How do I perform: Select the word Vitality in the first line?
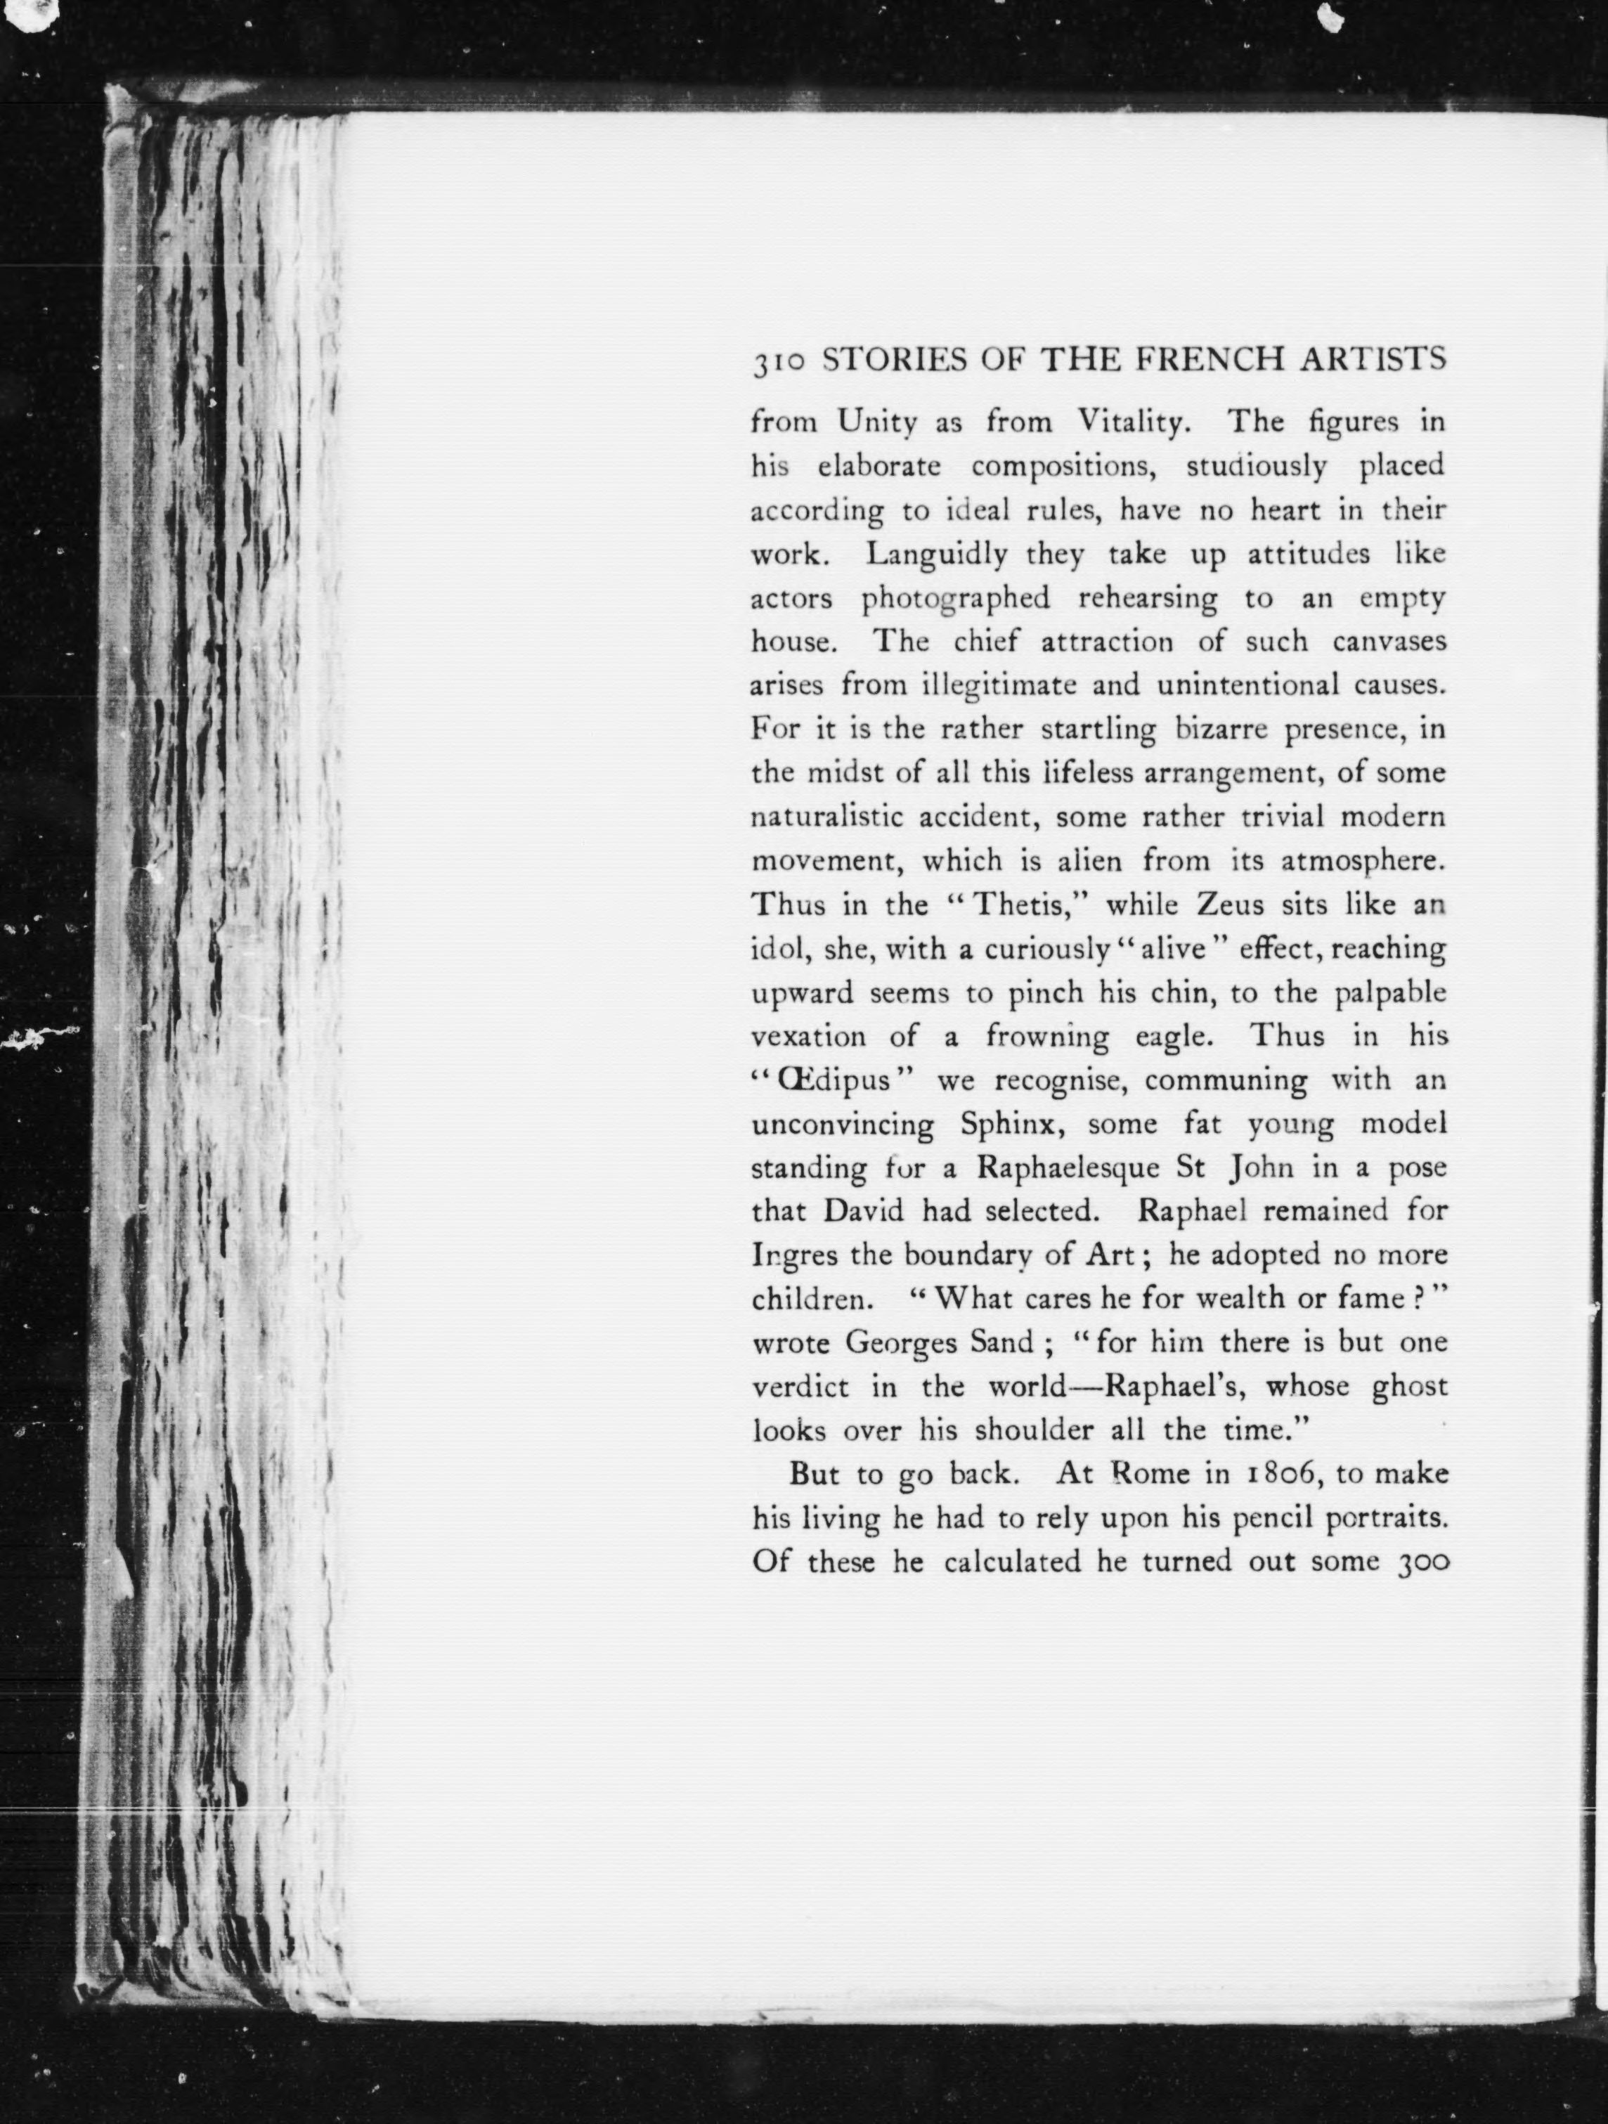click(1136, 422)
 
